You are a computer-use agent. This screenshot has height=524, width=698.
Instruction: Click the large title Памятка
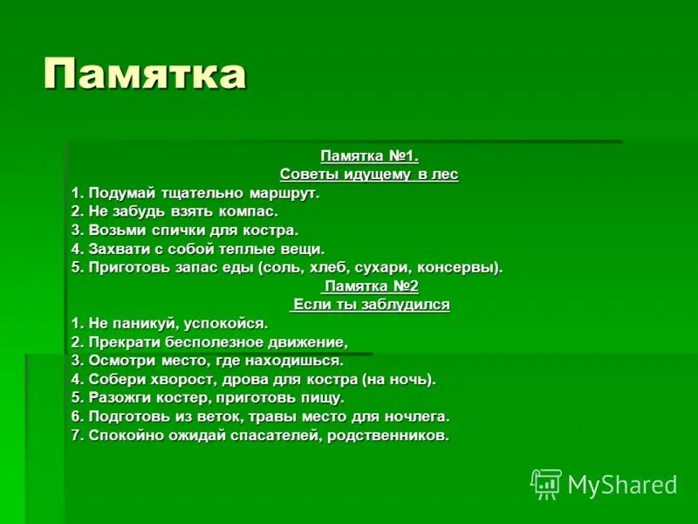[144, 74]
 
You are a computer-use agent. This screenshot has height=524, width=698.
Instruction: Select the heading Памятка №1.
[369, 156]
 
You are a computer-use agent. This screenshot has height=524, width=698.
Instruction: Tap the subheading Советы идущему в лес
[369, 175]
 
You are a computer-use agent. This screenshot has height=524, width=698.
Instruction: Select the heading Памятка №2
[371, 286]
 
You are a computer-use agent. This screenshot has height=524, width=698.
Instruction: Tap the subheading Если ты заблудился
[371, 305]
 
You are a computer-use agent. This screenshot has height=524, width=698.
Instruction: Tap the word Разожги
[119, 397]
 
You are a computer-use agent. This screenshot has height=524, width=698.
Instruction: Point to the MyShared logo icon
[545, 484]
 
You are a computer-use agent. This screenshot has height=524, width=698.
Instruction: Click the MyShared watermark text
[622, 485]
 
